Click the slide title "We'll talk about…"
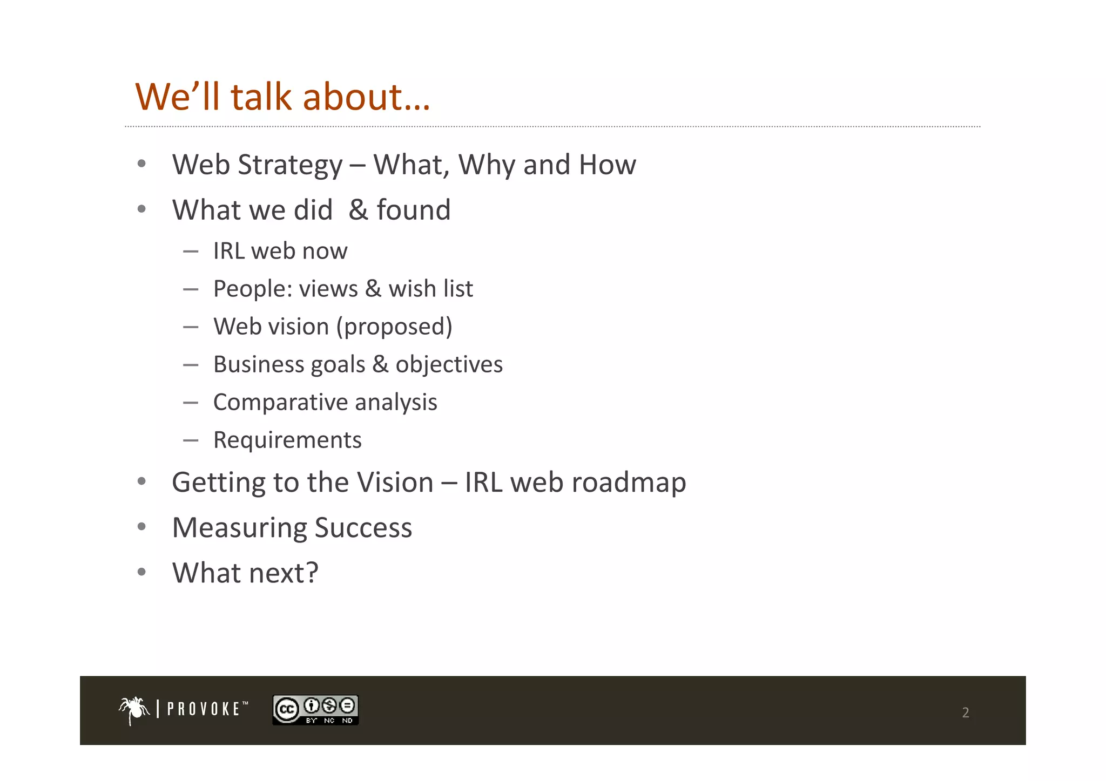point(282,97)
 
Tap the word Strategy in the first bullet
point(290,165)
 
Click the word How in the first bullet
point(607,165)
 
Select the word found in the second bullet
point(413,210)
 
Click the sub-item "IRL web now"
point(280,251)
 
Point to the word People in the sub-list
point(253,289)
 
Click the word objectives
point(449,365)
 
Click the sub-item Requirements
point(287,440)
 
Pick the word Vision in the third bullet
point(395,483)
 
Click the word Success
point(363,528)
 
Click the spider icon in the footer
point(134,710)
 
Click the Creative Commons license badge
point(315,710)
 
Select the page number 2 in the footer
point(966,712)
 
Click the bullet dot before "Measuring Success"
point(141,526)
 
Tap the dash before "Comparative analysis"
point(191,403)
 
